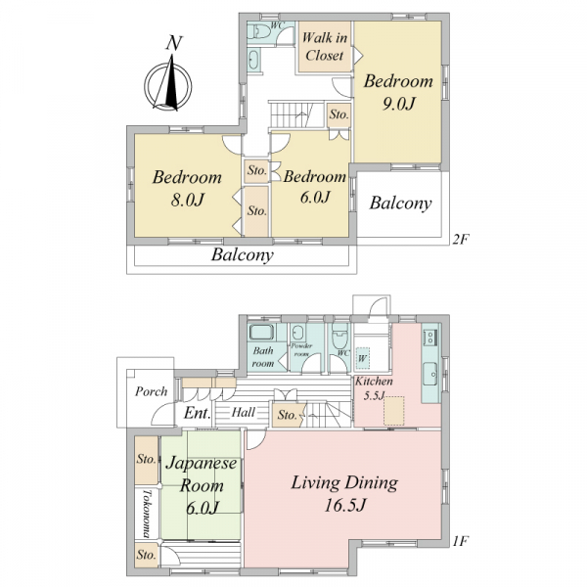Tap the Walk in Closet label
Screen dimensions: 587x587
click(324, 46)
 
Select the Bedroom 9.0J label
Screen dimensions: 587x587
click(398, 92)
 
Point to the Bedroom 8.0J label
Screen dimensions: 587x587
click(187, 188)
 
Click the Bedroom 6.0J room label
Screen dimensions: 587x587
click(314, 187)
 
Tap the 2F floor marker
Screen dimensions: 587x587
click(460, 239)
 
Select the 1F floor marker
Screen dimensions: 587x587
click(460, 541)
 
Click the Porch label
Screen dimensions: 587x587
click(151, 391)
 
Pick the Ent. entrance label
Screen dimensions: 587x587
click(197, 413)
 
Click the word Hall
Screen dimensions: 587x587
click(244, 413)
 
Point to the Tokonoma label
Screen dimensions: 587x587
click(146, 514)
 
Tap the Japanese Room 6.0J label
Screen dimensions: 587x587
click(202, 485)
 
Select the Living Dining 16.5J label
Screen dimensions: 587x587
click(344, 493)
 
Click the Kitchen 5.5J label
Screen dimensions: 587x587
click(374, 388)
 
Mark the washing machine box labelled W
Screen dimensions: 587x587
click(362, 358)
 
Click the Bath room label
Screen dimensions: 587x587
click(263, 357)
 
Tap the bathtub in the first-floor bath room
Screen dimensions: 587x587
click(262, 332)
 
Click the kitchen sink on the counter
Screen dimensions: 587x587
click(430, 374)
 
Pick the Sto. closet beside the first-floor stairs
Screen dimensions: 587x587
click(288, 415)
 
